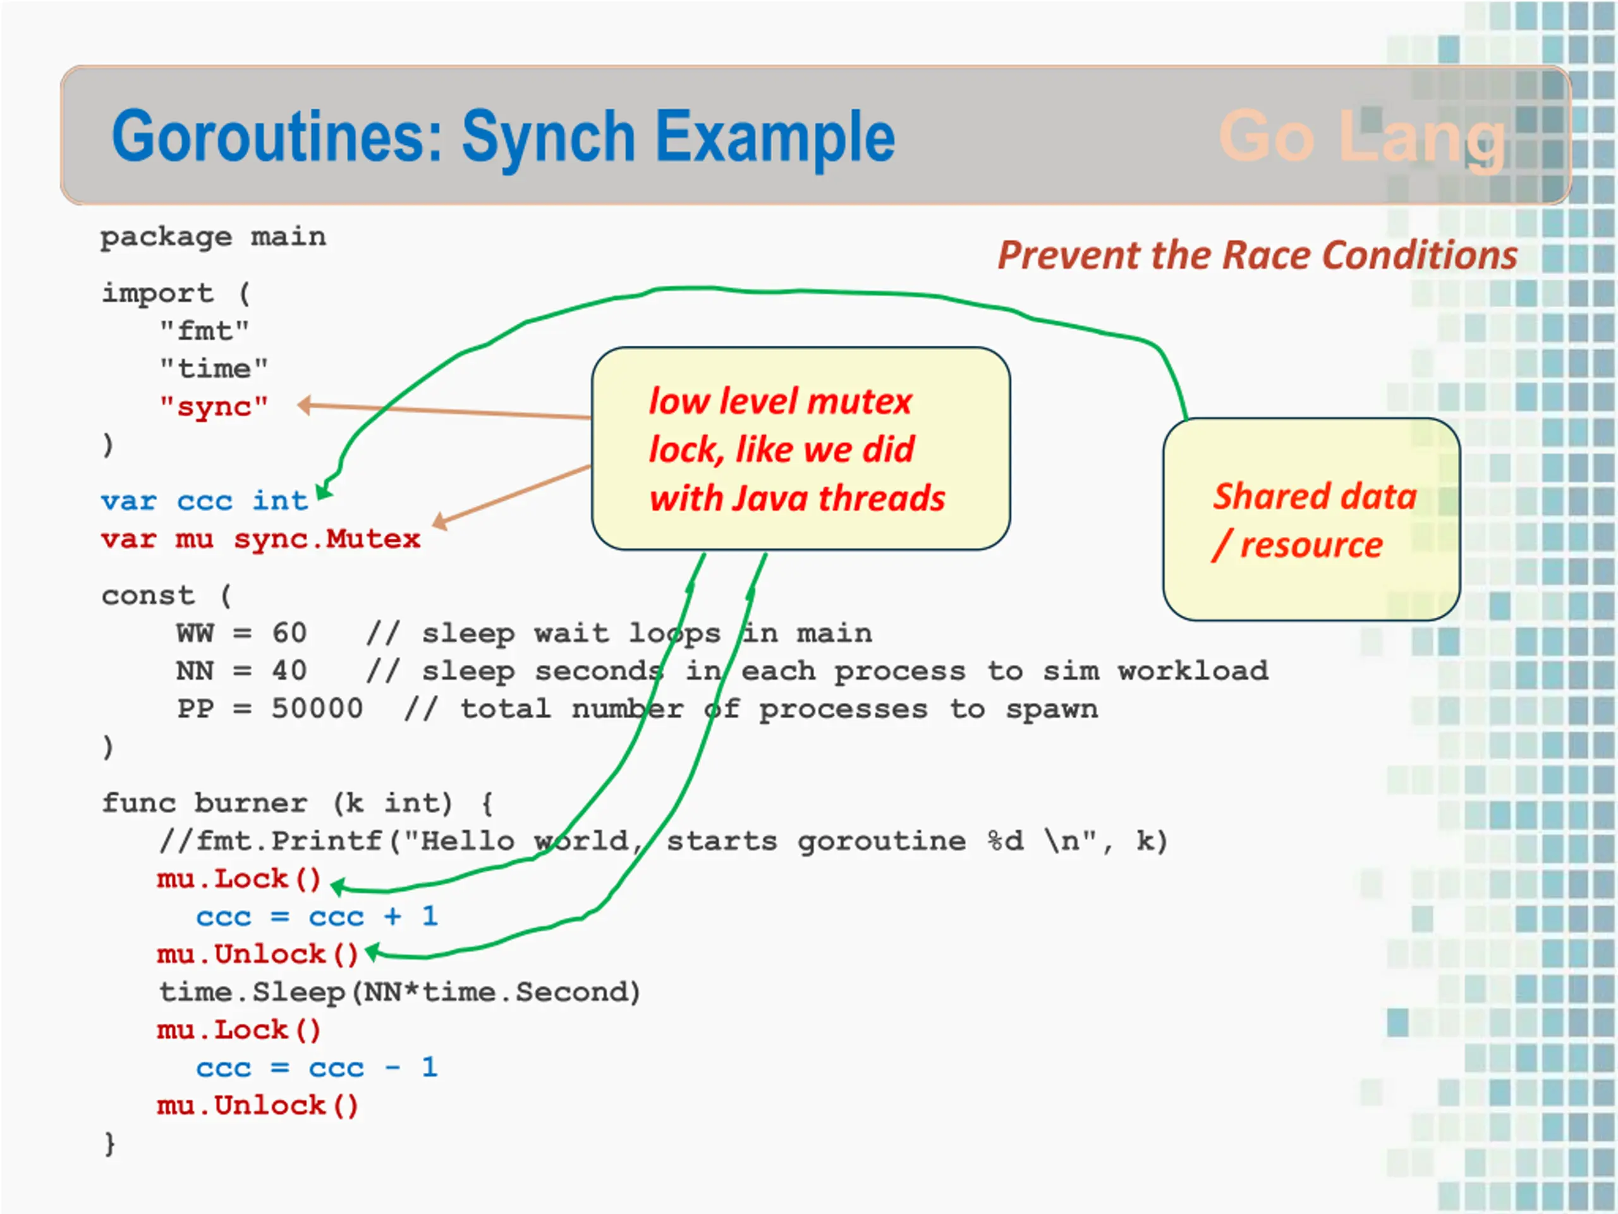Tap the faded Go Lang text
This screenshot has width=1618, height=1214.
coord(1363,138)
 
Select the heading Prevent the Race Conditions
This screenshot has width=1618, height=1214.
coord(1257,255)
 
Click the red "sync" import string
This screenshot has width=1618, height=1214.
coord(214,406)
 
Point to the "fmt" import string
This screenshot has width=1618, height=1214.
coord(205,331)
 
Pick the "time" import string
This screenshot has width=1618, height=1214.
coord(214,368)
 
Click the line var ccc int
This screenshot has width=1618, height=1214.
coord(205,501)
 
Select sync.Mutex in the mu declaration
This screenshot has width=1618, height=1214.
coord(327,539)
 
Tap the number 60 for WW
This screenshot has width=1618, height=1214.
coord(289,633)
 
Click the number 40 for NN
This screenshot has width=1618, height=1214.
coord(289,671)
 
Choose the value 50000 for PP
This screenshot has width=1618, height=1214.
coord(317,708)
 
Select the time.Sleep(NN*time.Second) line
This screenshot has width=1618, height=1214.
coord(400,993)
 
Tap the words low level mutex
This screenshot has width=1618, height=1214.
coord(781,402)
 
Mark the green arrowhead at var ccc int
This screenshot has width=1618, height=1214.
coord(324,490)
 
